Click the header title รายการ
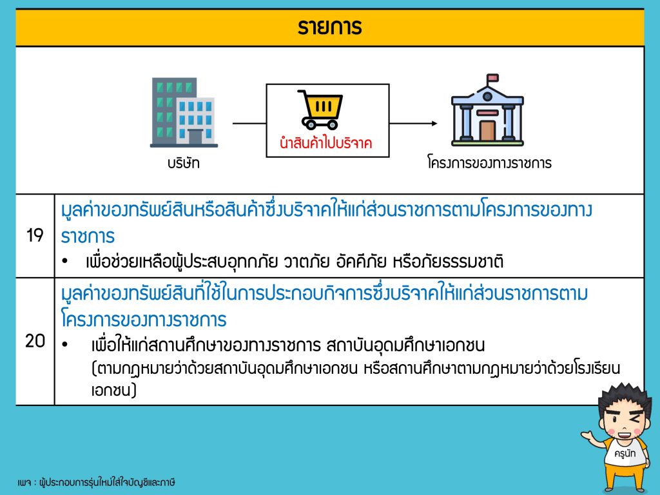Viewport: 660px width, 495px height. [x=329, y=27]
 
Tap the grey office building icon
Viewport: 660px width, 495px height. [x=184, y=112]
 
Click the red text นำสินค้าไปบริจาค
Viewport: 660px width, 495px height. [x=325, y=142]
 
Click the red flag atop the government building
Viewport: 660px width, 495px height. [x=492, y=78]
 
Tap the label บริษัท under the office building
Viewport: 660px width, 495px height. [x=184, y=163]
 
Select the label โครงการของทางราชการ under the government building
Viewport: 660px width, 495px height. [x=489, y=162]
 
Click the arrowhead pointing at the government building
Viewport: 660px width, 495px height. [x=434, y=123]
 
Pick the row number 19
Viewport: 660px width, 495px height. [x=35, y=235]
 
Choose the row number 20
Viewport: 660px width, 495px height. [x=35, y=341]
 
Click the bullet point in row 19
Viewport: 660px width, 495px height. [x=64, y=262]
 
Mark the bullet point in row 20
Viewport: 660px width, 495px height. [x=64, y=345]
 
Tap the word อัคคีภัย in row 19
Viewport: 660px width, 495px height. [x=361, y=262]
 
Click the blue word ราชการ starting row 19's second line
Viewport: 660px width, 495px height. [x=88, y=236]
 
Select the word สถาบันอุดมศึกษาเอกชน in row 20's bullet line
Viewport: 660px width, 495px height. [x=405, y=345]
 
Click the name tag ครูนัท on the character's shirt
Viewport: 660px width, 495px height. [x=625, y=453]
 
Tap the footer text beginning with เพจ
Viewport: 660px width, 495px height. [x=97, y=482]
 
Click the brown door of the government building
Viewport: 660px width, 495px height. [x=487, y=130]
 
